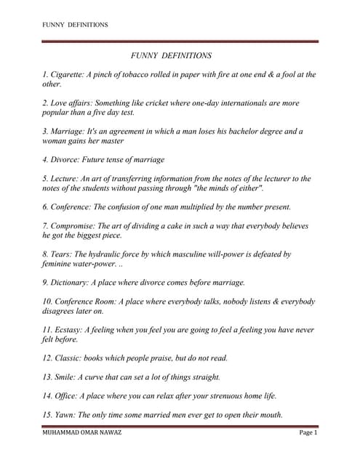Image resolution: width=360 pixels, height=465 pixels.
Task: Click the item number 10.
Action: point(47,302)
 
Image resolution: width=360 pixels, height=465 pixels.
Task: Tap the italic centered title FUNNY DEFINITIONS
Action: point(171,55)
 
